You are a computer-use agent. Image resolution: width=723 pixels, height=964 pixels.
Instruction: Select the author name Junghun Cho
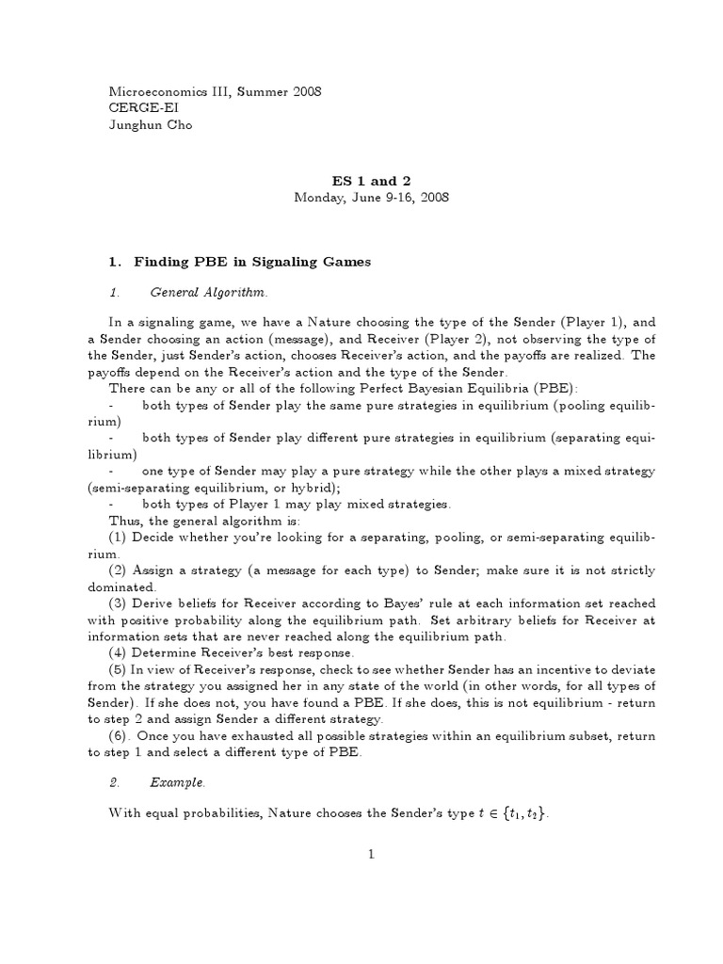click(151, 125)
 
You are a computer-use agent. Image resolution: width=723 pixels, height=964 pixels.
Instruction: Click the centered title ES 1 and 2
click(372, 180)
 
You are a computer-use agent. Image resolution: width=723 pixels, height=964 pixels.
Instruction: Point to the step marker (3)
click(120, 602)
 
